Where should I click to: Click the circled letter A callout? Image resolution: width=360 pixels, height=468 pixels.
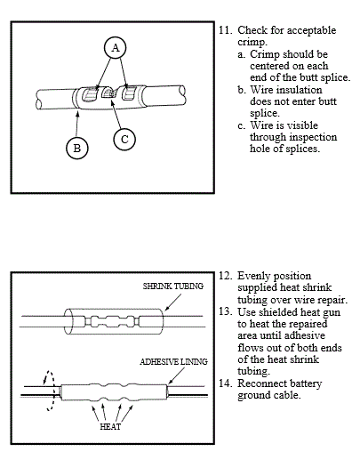click(116, 48)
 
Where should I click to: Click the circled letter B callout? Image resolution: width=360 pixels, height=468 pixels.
click(77, 148)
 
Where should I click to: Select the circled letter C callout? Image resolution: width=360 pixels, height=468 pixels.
click(124, 140)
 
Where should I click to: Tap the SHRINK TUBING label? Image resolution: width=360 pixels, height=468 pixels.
click(173, 286)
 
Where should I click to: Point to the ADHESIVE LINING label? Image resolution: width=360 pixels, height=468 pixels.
click(173, 362)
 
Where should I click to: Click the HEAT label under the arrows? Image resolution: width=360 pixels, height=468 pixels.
click(110, 426)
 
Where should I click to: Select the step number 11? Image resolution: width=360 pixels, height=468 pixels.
click(225, 30)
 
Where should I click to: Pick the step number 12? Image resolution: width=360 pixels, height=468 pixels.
click(225, 276)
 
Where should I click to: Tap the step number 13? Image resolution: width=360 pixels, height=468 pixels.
click(225, 311)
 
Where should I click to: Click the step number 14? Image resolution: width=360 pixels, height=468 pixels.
click(225, 383)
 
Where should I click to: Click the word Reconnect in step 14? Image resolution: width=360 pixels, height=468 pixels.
click(257, 383)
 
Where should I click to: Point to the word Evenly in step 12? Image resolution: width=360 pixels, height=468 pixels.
click(252, 276)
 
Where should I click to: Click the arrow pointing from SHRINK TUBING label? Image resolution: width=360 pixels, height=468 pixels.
click(173, 303)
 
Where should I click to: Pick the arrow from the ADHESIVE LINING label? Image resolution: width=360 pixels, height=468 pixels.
click(176, 375)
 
